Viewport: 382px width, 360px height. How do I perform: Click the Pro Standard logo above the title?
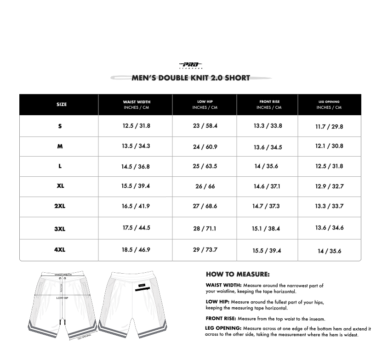pos(191,65)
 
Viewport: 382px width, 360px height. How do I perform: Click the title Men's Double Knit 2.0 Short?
pos(191,78)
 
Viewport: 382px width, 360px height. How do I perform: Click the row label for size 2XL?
pos(60,206)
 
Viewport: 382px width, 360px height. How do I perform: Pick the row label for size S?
pos(60,126)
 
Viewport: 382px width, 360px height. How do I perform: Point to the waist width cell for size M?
pos(136,146)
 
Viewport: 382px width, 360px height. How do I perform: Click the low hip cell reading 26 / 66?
pos(205,186)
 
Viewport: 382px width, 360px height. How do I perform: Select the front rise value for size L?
pos(266,166)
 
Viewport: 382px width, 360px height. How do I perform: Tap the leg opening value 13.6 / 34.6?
pos(329,227)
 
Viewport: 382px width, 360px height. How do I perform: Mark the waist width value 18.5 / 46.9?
pos(136,250)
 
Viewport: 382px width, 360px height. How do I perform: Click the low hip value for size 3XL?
pos(205,228)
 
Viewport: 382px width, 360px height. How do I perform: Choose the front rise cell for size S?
pos(268,126)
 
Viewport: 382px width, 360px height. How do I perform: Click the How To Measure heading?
pos(237,275)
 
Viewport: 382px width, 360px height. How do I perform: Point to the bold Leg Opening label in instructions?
pos(223,328)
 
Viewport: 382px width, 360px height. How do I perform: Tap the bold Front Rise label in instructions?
pos(221,318)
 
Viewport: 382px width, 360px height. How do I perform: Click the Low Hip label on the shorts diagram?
pos(63,298)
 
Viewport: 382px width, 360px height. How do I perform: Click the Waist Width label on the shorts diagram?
pos(63,274)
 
